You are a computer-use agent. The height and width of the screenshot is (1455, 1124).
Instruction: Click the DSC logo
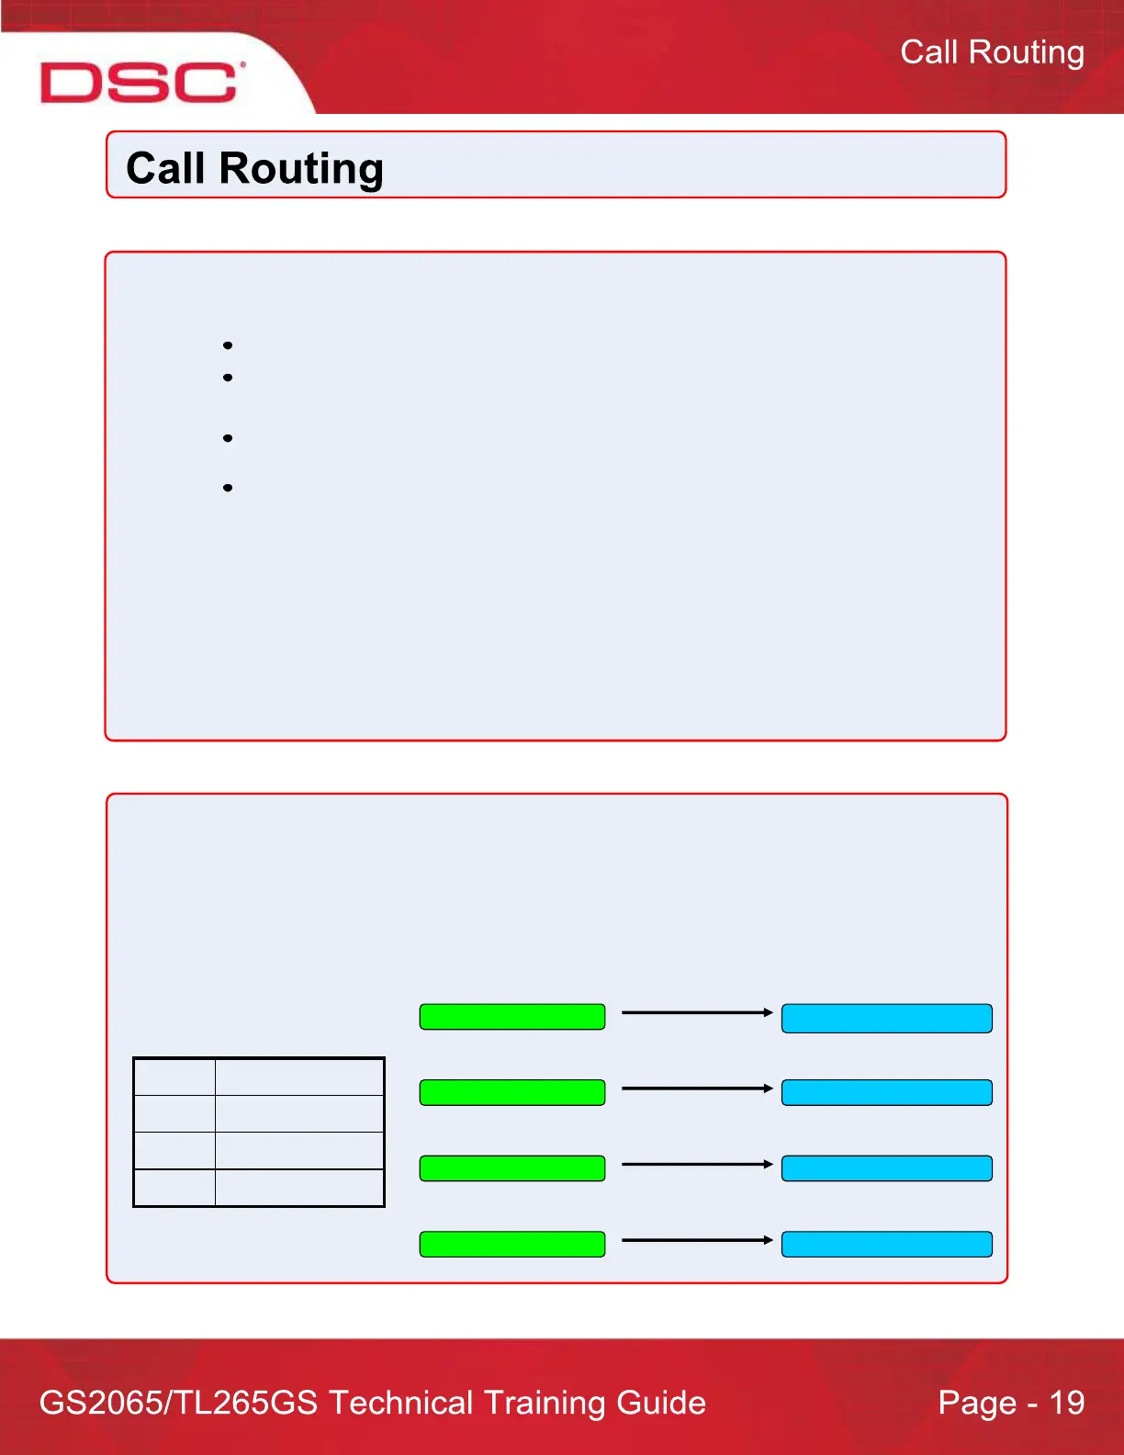click(141, 82)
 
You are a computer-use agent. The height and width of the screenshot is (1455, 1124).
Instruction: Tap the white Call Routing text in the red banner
click(992, 52)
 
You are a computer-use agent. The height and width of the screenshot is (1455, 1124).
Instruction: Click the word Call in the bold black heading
click(165, 169)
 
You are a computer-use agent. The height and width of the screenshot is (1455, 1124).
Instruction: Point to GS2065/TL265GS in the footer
click(179, 1403)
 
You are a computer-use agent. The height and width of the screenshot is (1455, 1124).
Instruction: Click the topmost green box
click(512, 1017)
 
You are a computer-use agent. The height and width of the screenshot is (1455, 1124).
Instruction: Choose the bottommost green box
click(512, 1244)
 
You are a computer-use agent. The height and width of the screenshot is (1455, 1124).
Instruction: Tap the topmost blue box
click(886, 1018)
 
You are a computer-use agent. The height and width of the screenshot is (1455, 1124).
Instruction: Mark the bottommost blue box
click(886, 1244)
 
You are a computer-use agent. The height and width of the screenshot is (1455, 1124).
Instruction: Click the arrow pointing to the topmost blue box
click(697, 1012)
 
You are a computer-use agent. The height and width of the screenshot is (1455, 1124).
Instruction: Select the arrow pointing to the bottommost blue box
click(697, 1240)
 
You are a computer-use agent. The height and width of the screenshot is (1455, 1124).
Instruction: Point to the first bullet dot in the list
click(228, 345)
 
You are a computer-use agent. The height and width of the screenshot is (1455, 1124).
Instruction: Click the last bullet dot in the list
click(228, 488)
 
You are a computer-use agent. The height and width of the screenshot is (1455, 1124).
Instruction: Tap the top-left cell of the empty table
click(174, 1077)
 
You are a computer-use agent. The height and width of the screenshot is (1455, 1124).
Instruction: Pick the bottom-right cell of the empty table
click(299, 1187)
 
